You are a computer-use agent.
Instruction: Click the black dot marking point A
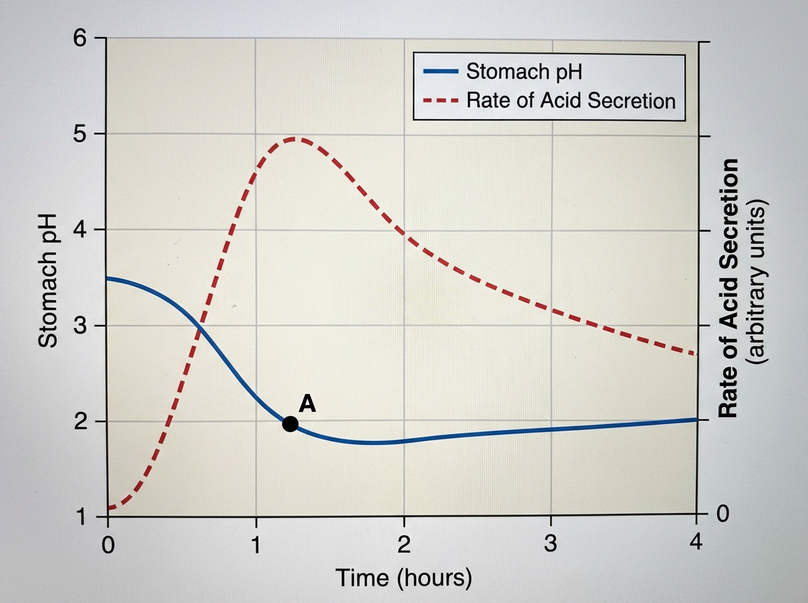click(x=290, y=423)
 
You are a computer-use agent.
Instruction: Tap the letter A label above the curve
click(x=307, y=403)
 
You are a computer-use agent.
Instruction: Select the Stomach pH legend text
click(x=524, y=71)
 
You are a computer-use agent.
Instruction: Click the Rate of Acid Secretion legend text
click(x=570, y=101)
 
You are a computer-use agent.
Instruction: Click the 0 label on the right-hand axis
click(x=722, y=516)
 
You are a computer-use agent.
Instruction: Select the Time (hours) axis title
click(x=403, y=577)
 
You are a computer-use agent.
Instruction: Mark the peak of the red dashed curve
click(x=294, y=139)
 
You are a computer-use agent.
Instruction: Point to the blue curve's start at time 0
click(x=108, y=278)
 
